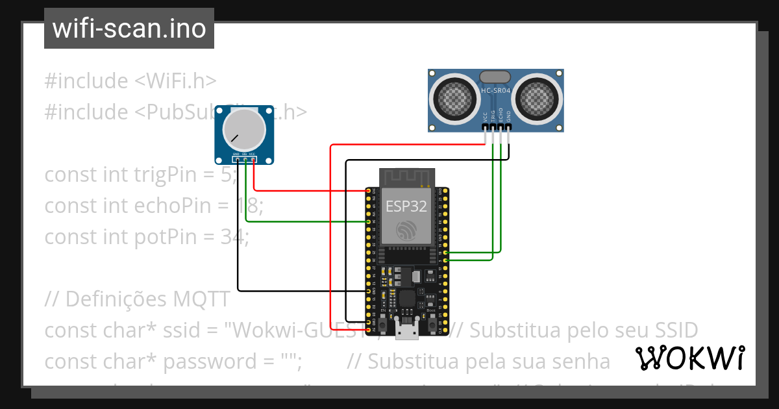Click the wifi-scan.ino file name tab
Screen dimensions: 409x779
pos(129,29)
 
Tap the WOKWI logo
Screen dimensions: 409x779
pos(689,358)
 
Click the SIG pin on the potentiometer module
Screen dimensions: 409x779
pos(245,159)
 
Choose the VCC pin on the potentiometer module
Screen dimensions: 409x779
pos(253,159)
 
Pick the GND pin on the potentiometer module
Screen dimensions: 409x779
pos(237,159)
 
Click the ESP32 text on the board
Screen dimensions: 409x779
pos(406,206)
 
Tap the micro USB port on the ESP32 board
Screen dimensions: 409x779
pos(406,332)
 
